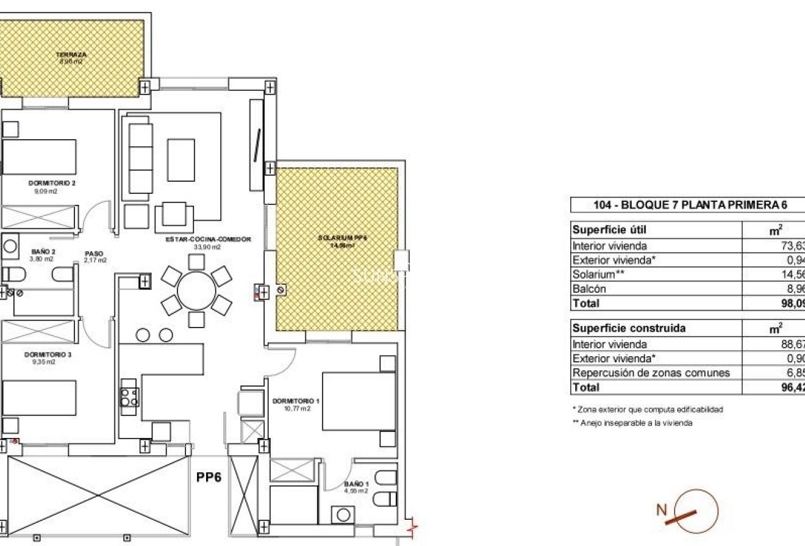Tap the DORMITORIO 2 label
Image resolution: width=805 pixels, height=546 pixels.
[51, 182]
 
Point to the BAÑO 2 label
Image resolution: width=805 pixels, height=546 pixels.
[43, 251]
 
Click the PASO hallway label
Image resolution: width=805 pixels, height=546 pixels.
[95, 253]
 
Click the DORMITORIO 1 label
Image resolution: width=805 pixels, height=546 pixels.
[296, 401]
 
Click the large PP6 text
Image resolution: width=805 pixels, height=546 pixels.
[209, 478]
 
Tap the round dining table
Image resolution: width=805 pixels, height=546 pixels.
[196, 291]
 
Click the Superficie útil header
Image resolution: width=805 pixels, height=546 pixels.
[601, 230]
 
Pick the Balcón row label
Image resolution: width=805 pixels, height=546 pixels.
[589, 289]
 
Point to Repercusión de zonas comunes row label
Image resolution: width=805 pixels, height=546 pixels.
[650, 373]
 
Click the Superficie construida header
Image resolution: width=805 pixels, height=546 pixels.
[620, 328]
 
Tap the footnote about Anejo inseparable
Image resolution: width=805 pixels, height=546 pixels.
[632, 423]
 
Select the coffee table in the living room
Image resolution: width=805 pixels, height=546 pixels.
[181, 160]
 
